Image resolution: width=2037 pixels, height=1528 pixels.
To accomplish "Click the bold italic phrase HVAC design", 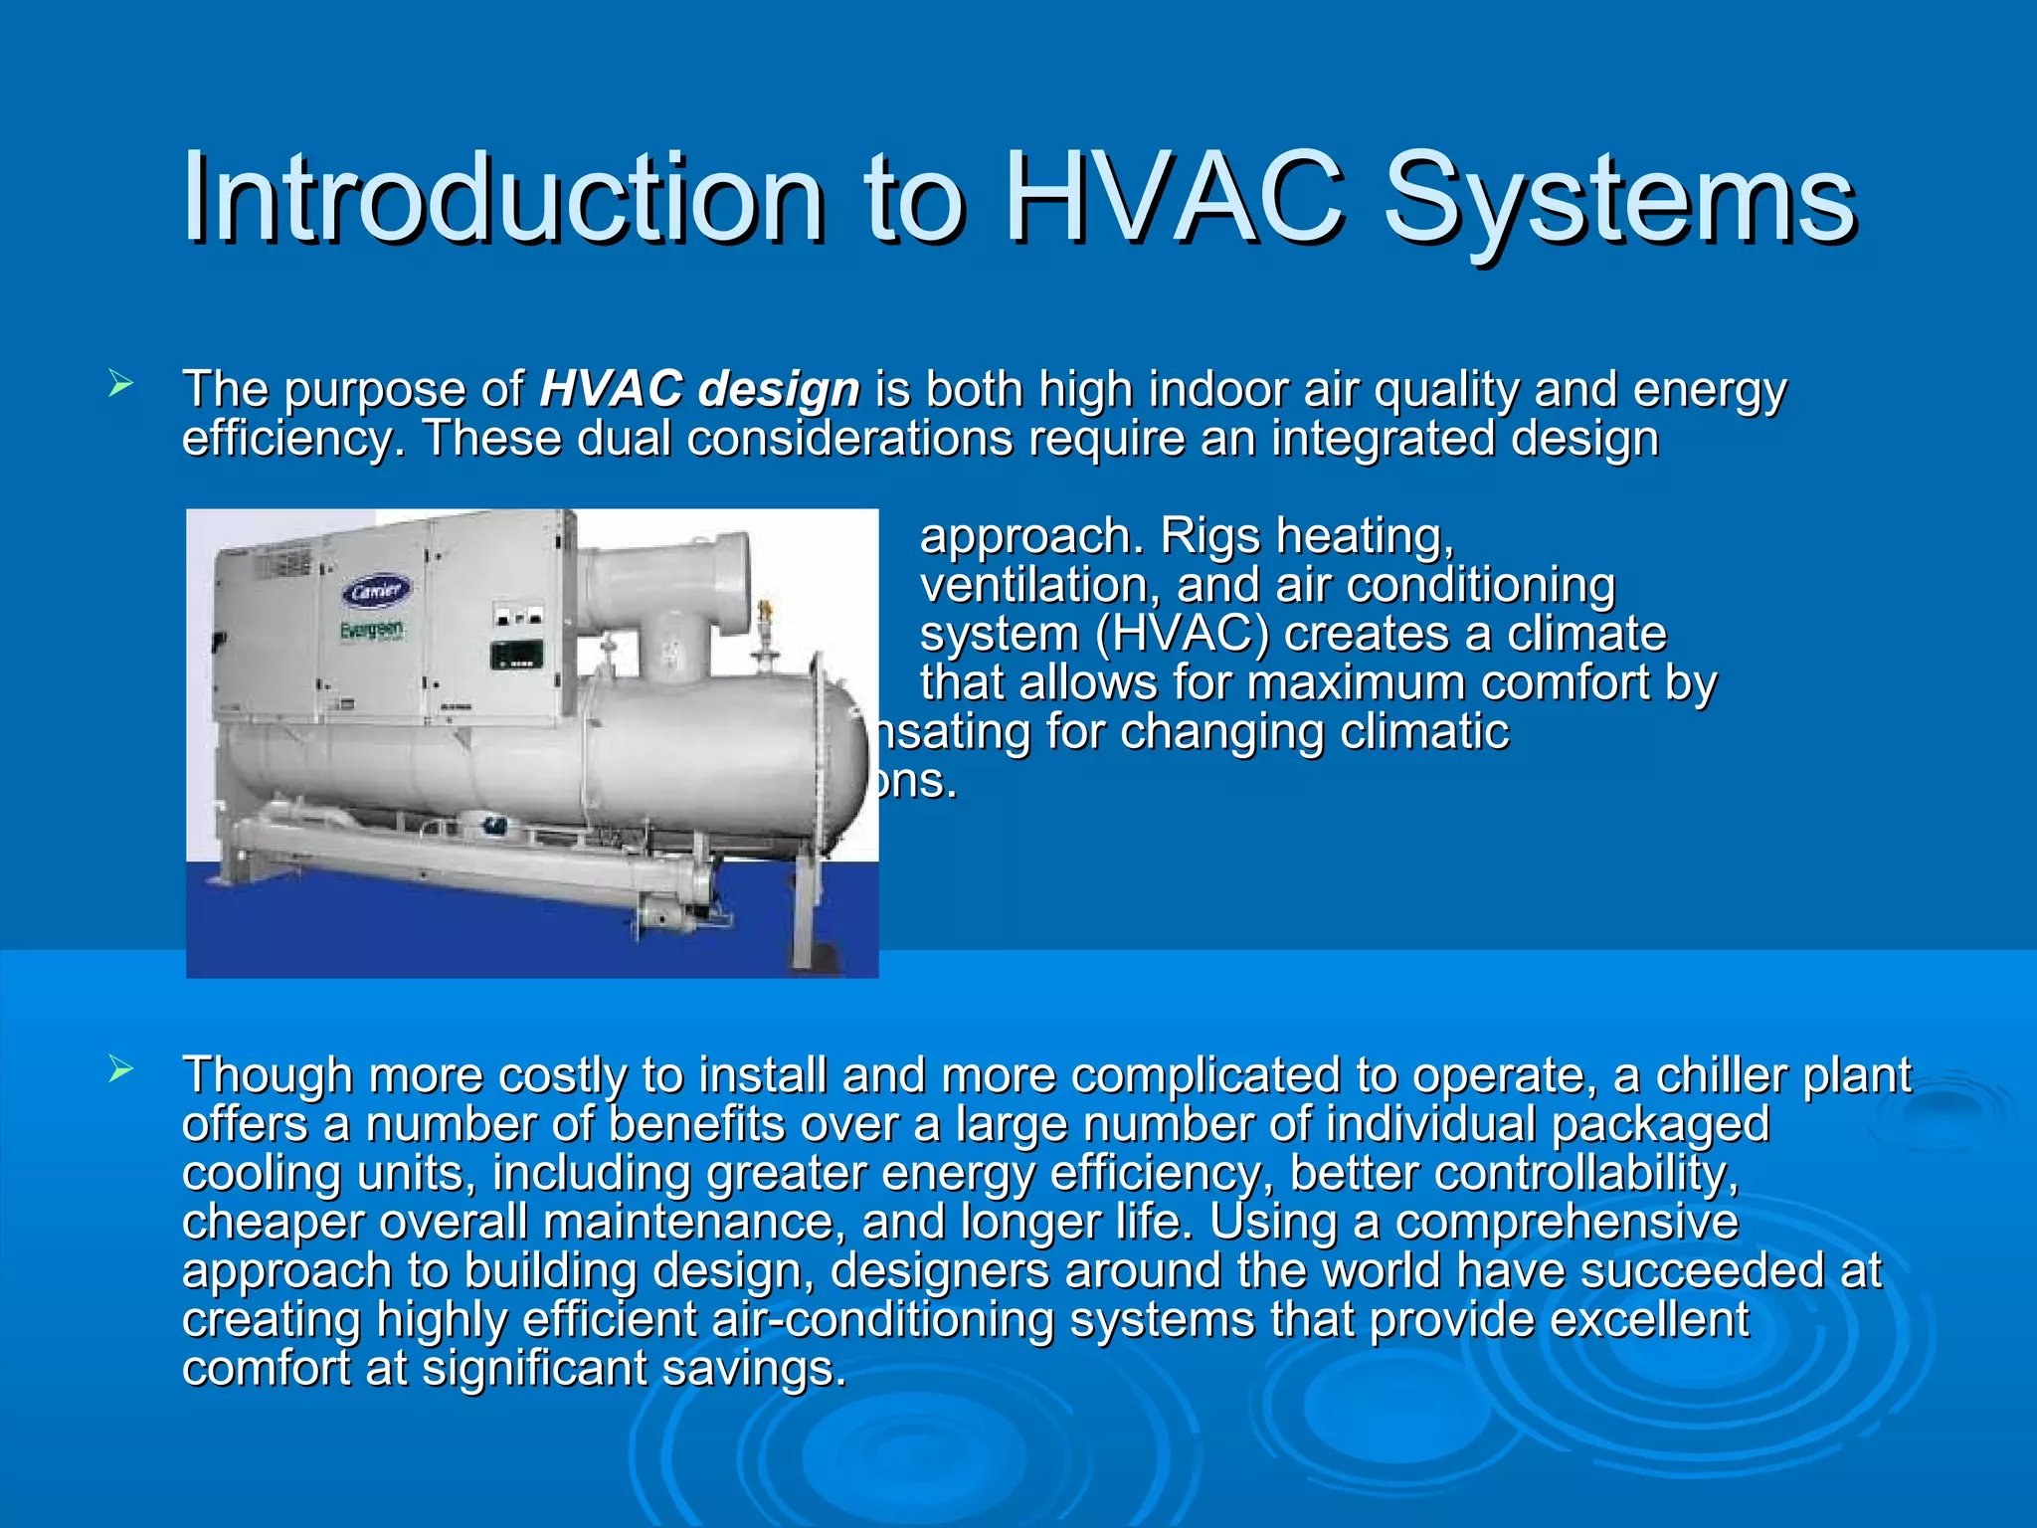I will coord(699,389).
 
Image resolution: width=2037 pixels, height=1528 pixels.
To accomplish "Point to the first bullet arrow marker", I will coord(120,383).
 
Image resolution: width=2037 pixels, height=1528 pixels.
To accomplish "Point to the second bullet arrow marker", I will coord(120,1070).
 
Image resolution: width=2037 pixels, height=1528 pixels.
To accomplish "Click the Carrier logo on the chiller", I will coord(376,591).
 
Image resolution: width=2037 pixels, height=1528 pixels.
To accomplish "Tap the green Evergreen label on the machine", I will coord(372,631).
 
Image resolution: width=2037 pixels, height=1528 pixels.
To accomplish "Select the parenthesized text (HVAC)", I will coord(1182,634).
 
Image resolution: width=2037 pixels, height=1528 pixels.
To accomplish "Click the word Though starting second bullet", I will coord(268,1075).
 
